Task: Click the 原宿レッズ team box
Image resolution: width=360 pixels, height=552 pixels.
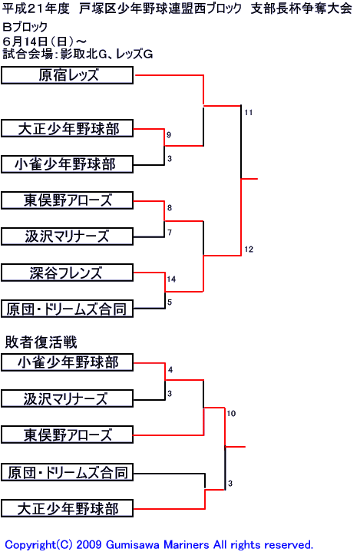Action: [x=68, y=75]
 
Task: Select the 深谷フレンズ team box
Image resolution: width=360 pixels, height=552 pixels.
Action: [x=68, y=273]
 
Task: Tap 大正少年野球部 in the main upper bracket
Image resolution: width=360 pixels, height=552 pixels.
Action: [x=68, y=128]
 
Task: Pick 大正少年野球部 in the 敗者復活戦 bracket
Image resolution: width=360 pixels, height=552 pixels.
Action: [x=68, y=508]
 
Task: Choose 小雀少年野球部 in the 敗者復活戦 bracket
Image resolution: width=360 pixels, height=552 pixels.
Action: [x=68, y=362]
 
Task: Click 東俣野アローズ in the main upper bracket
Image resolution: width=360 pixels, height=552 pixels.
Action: [x=68, y=200]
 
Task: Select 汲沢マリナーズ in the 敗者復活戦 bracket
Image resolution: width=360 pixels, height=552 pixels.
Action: [x=68, y=399]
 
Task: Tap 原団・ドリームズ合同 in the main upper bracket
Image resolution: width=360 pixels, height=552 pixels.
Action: [x=68, y=309]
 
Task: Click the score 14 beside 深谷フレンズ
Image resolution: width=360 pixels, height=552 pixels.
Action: [x=171, y=279]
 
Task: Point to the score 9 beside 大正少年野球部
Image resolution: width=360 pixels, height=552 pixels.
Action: [x=169, y=135]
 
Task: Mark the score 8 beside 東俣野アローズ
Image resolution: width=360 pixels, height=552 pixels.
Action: [x=170, y=208]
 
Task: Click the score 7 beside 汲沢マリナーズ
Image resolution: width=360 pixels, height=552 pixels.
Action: [x=170, y=233]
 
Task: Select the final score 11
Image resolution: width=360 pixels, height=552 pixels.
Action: [x=249, y=113]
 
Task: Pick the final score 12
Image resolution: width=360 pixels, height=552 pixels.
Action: [x=249, y=250]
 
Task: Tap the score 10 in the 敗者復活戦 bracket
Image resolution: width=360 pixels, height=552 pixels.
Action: [x=231, y=413]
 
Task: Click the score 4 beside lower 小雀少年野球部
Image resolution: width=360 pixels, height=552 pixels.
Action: [x=170, y=369]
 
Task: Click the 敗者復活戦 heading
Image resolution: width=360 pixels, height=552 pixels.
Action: [x=41, y=342]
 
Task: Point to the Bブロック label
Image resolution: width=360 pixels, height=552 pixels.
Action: [x=25, y=27]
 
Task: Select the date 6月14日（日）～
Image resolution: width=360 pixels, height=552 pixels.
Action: [x=44, y=41]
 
